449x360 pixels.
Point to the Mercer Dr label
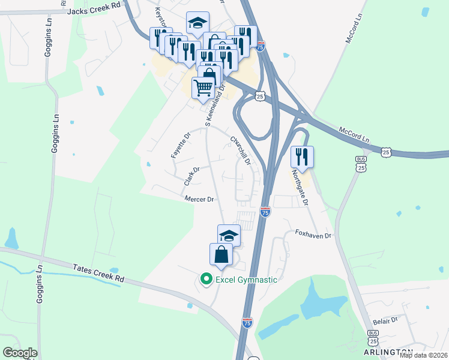coord(199,199)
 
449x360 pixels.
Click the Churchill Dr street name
coord(240,150)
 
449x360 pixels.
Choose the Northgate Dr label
coord(300,187)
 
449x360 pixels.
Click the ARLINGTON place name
coord(388,352)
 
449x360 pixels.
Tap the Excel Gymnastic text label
coord(247,280)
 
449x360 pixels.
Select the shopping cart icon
coord(203,88)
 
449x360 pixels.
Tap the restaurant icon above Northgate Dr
coord(302,157)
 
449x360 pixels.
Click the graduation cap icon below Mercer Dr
coord(229,235)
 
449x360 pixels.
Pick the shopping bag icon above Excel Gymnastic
coord(221,254)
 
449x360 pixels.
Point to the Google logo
coord(20,353)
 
